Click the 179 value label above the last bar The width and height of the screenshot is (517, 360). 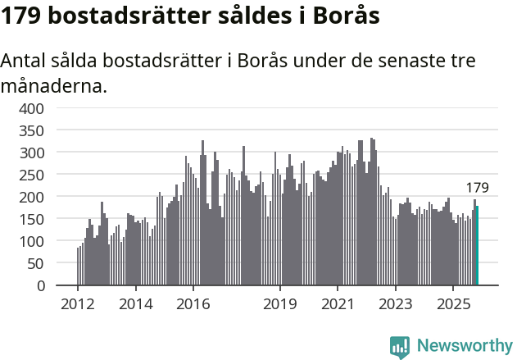477,188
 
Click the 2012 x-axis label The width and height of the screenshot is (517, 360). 78,304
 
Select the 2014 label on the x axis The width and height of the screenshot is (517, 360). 135,304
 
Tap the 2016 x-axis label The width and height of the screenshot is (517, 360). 193,304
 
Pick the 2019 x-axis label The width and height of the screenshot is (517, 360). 280,304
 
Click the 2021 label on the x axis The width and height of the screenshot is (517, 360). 338,304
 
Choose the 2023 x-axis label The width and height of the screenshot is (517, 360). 395,304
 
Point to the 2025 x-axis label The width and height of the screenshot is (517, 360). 452,304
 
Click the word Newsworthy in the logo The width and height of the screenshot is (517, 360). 465,346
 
